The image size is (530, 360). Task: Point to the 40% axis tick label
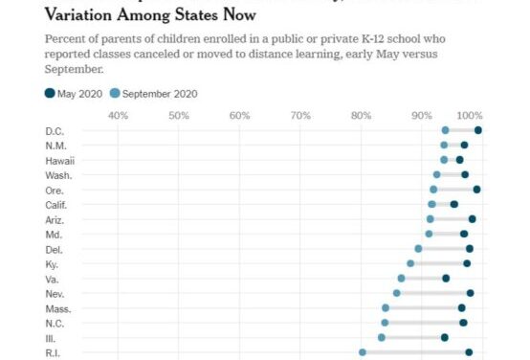[118, 115]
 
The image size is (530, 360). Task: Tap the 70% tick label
[300, 115]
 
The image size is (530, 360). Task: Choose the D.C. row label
[55, 130]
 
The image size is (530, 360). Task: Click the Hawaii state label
[60, 160]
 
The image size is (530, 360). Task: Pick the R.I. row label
[54, 353]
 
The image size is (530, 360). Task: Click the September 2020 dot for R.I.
[363, 352]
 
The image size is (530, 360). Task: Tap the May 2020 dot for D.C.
[478, 130]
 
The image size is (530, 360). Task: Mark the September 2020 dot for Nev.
[397, 293]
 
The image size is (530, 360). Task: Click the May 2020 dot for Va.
[446, 278]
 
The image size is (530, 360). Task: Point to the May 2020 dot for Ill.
[445, 337]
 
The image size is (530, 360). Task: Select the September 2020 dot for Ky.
[410, 263]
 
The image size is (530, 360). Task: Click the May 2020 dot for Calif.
[454, 204]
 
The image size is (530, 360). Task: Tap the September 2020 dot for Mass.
[386, 308]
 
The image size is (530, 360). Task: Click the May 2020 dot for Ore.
[476, 190]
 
